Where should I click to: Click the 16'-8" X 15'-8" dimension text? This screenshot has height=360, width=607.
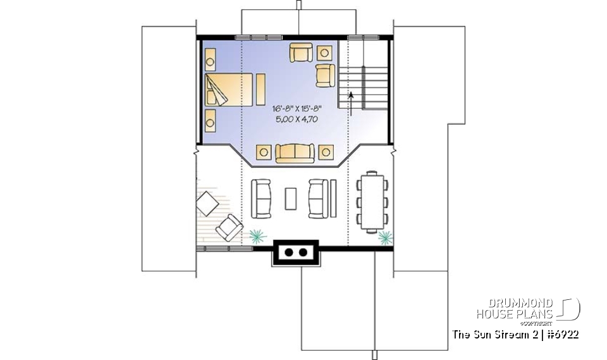coord(293,109)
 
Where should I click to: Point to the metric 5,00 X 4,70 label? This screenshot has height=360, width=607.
coord(293,119)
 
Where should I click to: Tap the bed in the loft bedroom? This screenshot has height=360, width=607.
coord(227,89)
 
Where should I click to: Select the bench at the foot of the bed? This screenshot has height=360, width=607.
coord(260,89)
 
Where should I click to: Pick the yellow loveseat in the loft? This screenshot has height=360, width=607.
coord(295,152)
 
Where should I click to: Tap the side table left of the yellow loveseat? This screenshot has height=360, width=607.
coord(264,152)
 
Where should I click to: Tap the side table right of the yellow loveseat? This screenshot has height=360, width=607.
coord(326,152)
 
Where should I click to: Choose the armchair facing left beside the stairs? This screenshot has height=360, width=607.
coord(325,75)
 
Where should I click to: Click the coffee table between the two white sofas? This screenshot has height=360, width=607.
coord(291,198)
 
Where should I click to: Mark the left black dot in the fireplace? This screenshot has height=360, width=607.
coord(289,252)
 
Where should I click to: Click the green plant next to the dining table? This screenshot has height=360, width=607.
coord(384,238)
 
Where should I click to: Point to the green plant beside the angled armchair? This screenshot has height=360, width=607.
coord(256,236)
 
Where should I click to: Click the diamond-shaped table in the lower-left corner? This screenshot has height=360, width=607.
coord(206,204)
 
